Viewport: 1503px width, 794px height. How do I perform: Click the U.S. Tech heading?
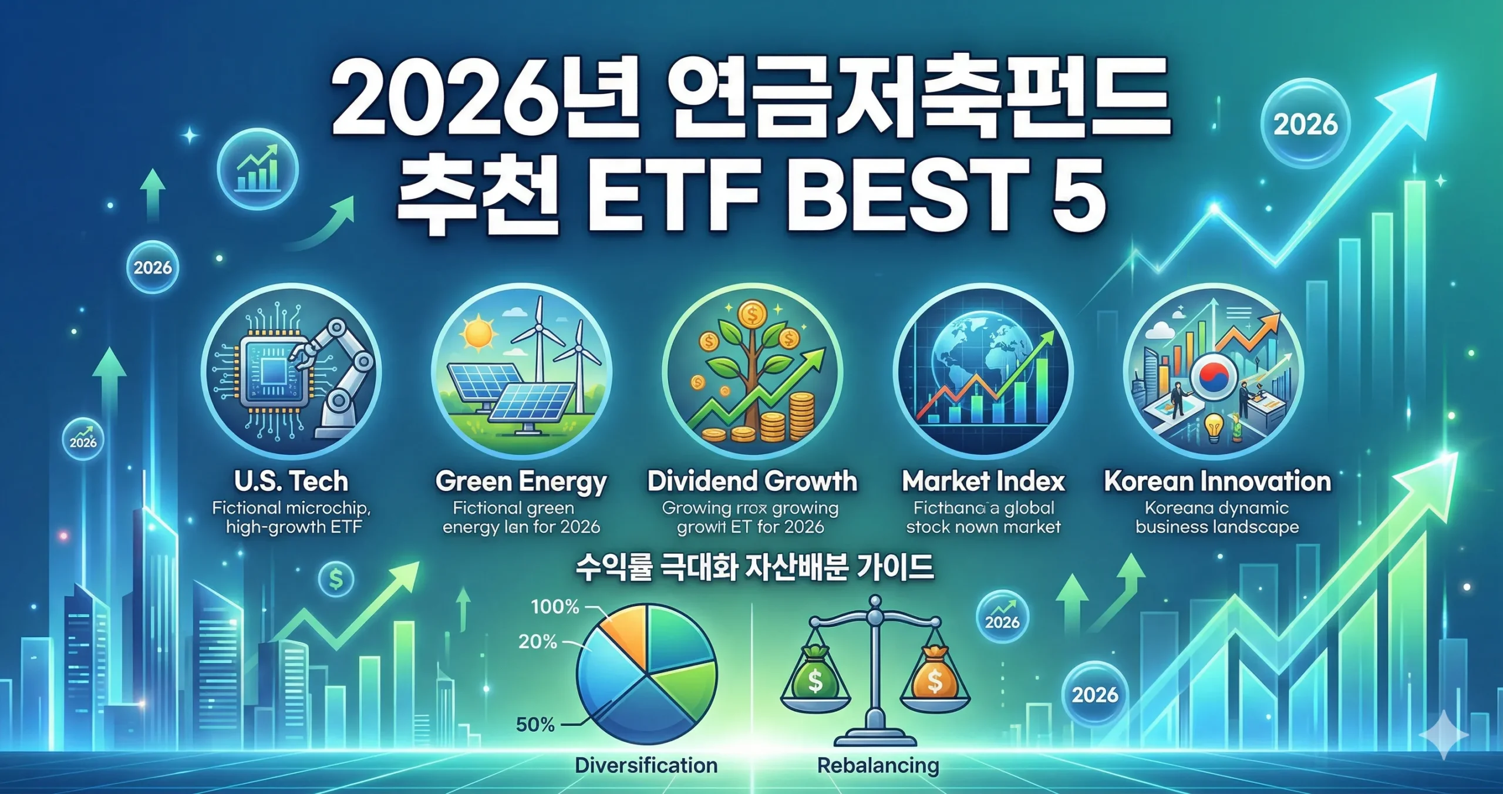click(291, 482)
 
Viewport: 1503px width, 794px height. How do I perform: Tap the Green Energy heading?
click(521, 482)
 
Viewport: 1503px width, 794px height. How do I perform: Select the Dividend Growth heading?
click(752, 482)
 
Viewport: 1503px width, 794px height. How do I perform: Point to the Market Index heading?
click(983, 482)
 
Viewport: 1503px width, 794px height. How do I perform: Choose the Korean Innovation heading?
click(1217, 482)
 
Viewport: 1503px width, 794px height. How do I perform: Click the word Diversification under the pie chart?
click(646, 765)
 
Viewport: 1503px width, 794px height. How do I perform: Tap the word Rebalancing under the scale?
click(878, 765)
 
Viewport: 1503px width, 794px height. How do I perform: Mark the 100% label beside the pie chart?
click(555, 606)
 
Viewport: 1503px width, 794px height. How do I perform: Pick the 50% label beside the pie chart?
click(535, 724)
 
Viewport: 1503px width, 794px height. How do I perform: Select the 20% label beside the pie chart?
click(537, 641)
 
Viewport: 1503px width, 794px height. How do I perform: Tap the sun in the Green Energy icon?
click(478, 334)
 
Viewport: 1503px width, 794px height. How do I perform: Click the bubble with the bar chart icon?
click(257, 169)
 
